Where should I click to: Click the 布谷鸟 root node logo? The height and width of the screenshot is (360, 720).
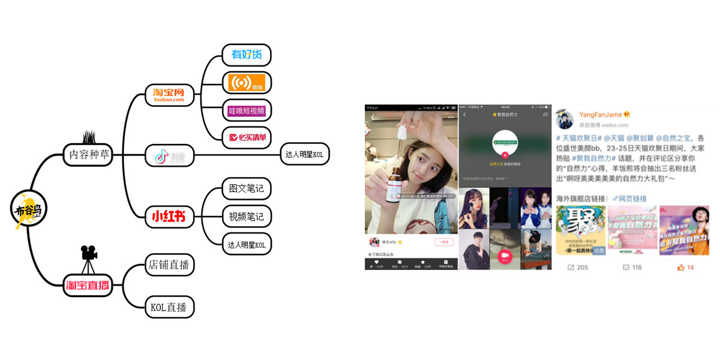pyautogui.click(x=28, y=209)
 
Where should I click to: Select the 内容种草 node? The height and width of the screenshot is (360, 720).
pyautogui.click(x=88, y=155)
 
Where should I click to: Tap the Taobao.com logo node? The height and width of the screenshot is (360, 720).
pyautogui.click(x=170, y=95)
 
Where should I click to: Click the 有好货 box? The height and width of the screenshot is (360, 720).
pyautogui.click(x=247, y=55)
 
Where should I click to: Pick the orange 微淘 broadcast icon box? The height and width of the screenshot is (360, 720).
pyautogui.click(x=247, y=83)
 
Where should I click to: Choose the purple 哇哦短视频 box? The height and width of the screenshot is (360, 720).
pyautogui.click(x=247, y=110)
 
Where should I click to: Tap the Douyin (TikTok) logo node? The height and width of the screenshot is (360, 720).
pyautogui.click(x=170, y=155)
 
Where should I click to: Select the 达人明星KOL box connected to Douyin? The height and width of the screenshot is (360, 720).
pyautogui.click(x=305, y=155)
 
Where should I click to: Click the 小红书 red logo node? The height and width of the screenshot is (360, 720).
pyautogui.click(x=170, y=217)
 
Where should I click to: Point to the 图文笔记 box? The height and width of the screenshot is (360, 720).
pyautogui.click(x=247, y=188)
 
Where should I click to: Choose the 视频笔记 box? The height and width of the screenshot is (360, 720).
pyautogui.click(x=247, y=216)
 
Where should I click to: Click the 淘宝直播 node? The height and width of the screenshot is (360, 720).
pyautogui.click(x=88, y=285)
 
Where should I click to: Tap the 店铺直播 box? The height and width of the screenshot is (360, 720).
pyautogui.click(x=170, y=265)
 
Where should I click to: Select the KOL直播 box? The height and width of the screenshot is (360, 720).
pyautogui.click(x=170, y=307)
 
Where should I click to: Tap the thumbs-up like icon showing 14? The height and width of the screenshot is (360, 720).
pyautogui.click(x=681, y=267)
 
